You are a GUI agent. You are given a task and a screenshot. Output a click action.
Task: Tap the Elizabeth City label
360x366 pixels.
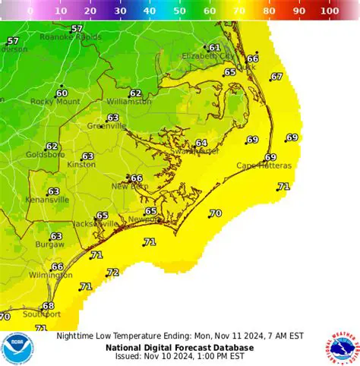click(207, 56)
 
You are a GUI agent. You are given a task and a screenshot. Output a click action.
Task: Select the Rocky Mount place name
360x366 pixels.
click(55, 102)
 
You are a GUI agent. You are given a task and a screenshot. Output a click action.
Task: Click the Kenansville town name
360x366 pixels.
click(47, 200)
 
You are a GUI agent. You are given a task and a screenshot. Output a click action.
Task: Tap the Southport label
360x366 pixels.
click(41, 314)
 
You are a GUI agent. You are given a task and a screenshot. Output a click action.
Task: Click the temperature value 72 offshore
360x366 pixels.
click(113, 272)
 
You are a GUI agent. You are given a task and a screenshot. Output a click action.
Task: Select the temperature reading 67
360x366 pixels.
click(276, 77)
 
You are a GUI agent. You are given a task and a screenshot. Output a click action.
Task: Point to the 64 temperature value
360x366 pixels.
click(201, 143)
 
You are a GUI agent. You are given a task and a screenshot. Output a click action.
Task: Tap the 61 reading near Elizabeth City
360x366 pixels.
click(214, 47)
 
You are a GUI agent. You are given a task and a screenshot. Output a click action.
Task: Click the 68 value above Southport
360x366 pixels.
click(49, 306)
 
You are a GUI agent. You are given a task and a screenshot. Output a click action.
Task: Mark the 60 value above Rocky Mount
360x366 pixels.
click(62, 93)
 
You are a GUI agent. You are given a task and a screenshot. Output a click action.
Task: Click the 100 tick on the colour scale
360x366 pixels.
click(330, 11)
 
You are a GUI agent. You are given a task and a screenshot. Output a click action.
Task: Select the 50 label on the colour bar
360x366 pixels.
click(180, 11)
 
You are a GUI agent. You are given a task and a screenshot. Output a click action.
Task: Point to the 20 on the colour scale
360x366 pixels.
click(90, 11)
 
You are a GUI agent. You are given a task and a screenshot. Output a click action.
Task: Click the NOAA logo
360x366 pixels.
click(17, 349)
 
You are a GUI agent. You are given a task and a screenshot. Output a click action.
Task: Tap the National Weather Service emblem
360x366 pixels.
click(343, 349)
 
